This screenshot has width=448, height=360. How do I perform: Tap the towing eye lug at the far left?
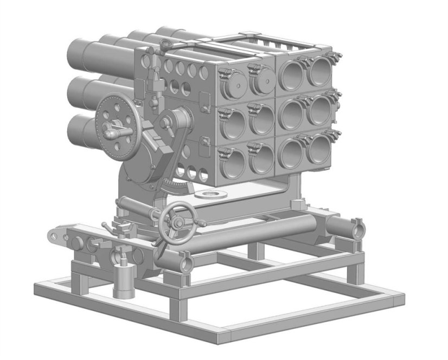click(x=55, y=235)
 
